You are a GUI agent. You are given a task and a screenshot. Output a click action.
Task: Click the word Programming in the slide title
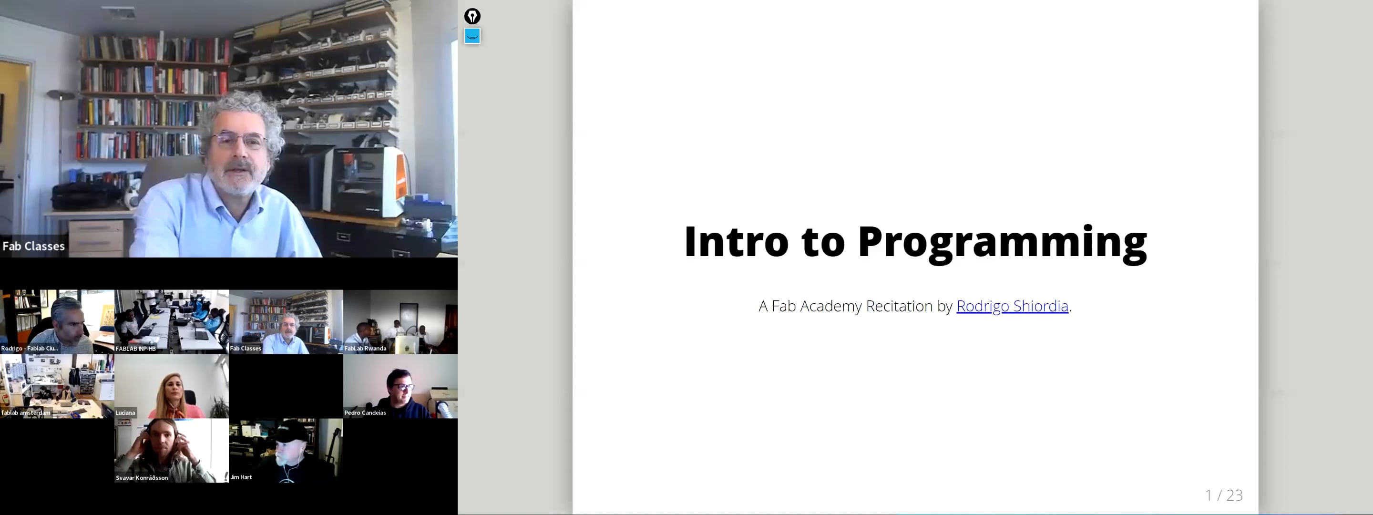(x=1002, y=243)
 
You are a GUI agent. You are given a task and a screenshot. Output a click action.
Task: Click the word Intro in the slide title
(x=736, y=243)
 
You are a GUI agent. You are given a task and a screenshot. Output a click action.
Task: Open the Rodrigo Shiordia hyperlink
(x=1012, y=306)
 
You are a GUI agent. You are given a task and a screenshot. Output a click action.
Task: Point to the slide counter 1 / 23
(x=1224, y=495)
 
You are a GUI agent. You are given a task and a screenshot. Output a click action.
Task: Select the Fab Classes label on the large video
(x=33, y=246)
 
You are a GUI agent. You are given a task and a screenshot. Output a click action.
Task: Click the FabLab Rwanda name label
(x=365, y=349)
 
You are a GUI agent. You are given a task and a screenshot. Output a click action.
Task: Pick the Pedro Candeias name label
(x=365, y=412)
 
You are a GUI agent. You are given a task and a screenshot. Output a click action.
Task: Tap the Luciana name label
(x=125, y=412)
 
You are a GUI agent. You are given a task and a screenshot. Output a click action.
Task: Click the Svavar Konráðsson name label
(x=142, y=478)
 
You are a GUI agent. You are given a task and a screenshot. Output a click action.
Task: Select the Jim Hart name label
(x=241, y=477)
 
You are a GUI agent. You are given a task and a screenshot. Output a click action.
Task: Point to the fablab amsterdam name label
(x=26, y=412)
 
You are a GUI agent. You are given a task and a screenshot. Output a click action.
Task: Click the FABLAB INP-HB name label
(x=135, y=349)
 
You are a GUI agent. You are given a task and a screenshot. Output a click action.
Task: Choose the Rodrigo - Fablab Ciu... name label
(x=29, y=349)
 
